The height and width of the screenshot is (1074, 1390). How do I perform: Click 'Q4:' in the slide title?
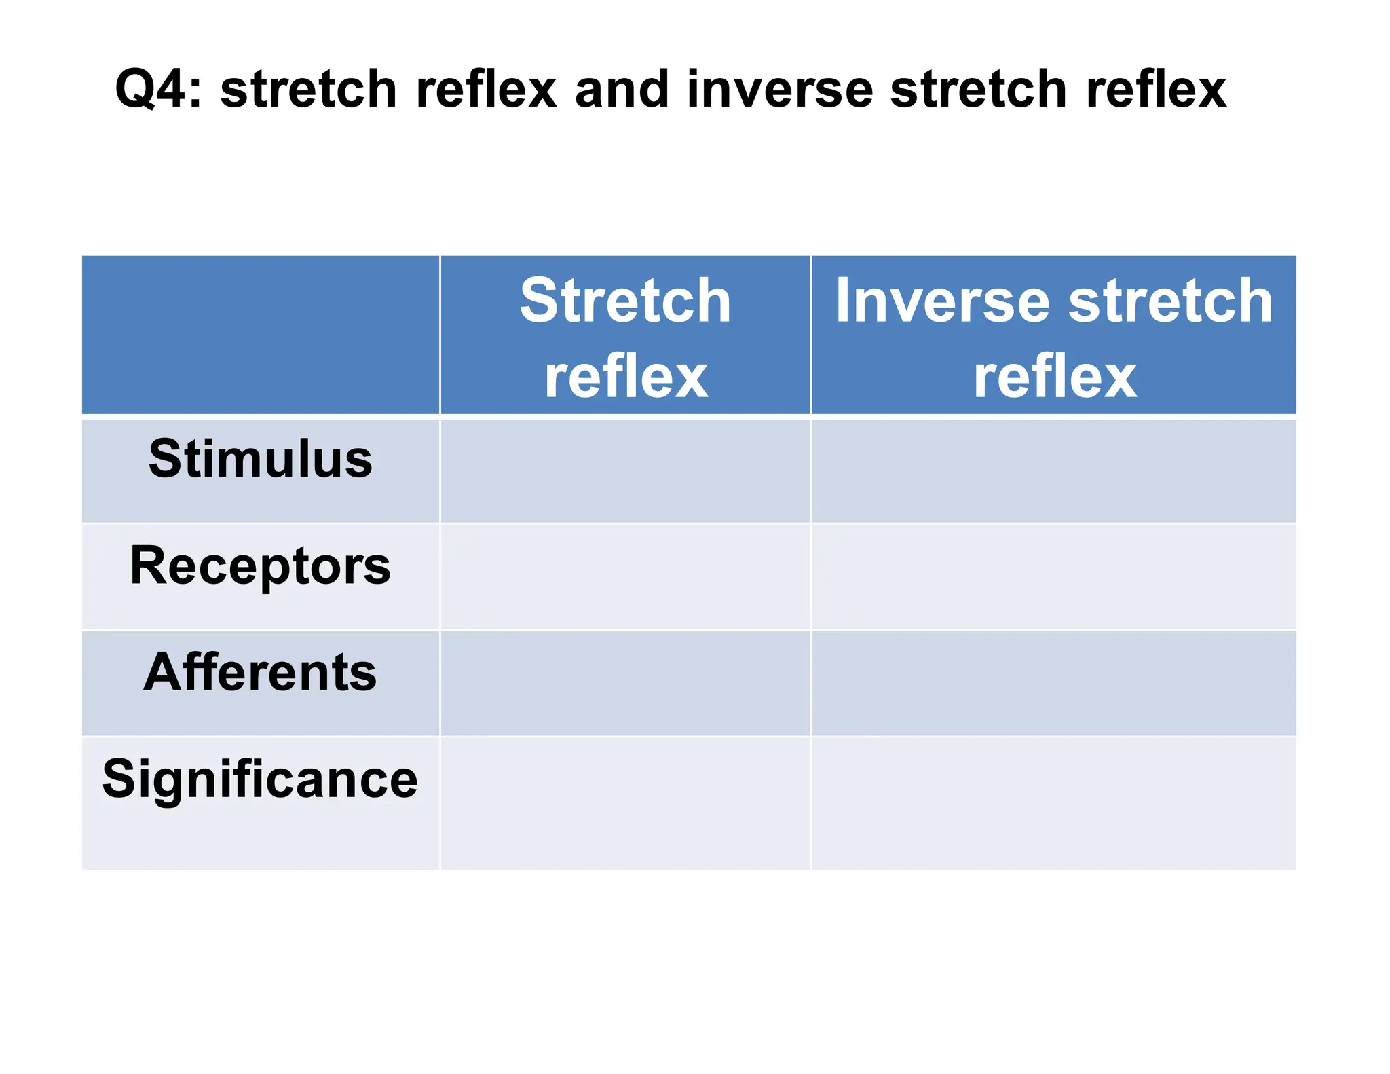click(x=158, y=90)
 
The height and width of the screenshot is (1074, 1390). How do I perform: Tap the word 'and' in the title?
click(x=622, y=90)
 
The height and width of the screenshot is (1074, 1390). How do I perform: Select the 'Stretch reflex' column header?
click(x=625, y=337)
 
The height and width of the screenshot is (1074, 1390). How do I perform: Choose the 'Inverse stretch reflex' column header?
click(x=1053, y=337)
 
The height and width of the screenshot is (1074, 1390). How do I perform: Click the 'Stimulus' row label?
click(x=261, y=459)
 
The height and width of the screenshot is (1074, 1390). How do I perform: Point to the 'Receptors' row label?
click(x=261, y=566)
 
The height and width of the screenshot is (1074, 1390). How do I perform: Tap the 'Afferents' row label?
click(x=261, y=672)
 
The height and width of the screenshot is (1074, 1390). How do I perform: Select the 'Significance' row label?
click(x=261, y=779)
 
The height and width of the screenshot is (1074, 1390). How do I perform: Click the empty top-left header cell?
click(x=261, y=335)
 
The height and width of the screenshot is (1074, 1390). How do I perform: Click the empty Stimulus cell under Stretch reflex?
click(x=625, y=471)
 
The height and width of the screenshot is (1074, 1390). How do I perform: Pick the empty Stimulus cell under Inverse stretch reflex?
click(x=1053, y=471)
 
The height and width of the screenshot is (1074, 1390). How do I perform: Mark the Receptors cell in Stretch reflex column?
click(x=625, y=577)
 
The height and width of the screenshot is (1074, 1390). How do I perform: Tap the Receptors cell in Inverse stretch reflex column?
click(x=1053, y=577)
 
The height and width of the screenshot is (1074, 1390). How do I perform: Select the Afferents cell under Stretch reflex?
click(x=625, y=683)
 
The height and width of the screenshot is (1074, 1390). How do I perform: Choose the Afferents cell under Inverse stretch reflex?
click(x=1053, y=683)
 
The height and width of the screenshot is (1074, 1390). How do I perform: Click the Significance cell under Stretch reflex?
click(x=625, y=803)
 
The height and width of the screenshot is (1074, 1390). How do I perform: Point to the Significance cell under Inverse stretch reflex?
click(x=1053, y=803)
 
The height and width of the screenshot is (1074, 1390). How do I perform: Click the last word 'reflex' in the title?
click(x=1156, y=90)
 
